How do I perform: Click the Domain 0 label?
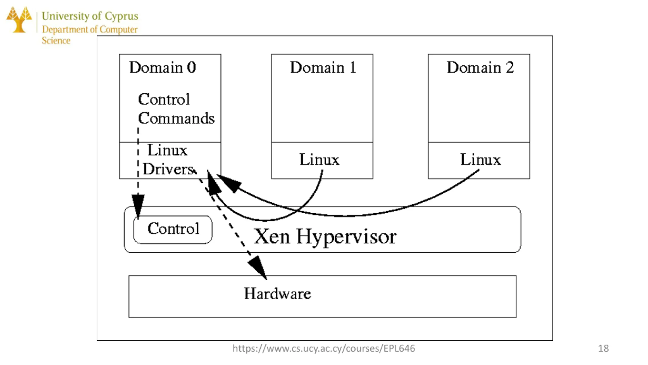(x=163, y=67)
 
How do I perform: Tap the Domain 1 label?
(x=323, y=67)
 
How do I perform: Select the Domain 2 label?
(x=480, y=67)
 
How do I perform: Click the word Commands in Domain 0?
(x=176, y=118)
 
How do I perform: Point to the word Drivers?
(x=169, y=169)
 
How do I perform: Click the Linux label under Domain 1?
(x=319, y=159)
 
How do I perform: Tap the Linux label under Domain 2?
(x=480, y=159)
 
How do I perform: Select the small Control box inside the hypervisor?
(x=173, y=230)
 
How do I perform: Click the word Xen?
(x=272, y=236)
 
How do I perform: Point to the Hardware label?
(x=277, y=294)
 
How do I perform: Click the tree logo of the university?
(x=19, y=20)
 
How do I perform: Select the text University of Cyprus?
(x=90, y=16)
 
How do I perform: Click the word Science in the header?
(x=56, y=41)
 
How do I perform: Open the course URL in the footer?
(x=324, y=349)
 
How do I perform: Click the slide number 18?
(x=603, y=348)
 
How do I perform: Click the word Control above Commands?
(x=164, y=99)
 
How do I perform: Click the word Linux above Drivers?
(x=167, y=150)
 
